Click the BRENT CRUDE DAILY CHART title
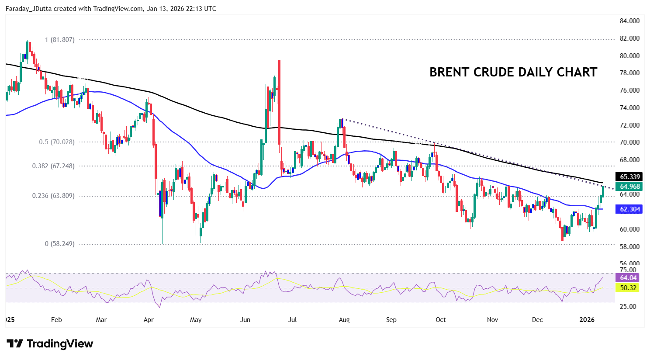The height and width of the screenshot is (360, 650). pos(513,72)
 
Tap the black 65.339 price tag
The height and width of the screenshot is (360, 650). pos(629,177)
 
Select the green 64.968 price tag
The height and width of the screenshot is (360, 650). pos(629,187)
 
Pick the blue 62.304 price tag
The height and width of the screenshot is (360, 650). pos(629,209)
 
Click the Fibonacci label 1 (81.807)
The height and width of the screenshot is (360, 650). pos(59,40)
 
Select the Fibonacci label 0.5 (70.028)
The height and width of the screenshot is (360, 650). pos(56,142)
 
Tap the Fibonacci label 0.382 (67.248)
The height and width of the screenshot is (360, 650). pos(53,166)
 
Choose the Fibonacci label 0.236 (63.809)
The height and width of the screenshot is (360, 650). pos(53,196)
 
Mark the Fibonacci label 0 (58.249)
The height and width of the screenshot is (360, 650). pos(59,244)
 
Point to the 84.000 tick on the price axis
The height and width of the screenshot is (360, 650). pos(629,21)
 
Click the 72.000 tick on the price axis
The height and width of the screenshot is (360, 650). pos(629,125)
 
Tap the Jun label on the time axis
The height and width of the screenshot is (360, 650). pos(245,320)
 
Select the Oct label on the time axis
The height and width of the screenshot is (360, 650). pos(440,320)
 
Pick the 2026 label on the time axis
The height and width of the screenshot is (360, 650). pos(587,320)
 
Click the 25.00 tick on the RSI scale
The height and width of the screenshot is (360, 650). pos(628,307)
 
